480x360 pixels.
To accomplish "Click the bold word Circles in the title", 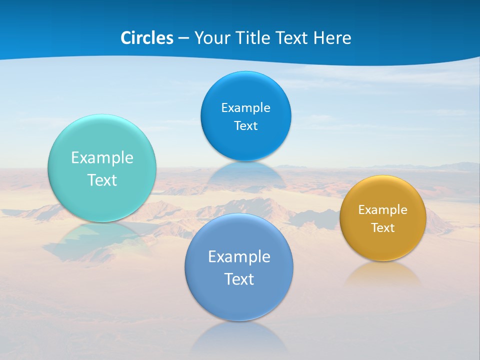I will point(147,38).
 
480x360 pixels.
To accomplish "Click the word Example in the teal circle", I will point(102,158).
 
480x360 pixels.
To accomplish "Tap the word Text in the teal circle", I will point(102,180).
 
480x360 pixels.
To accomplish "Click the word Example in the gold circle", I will point(383,210).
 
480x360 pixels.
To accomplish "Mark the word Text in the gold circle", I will point(383,228).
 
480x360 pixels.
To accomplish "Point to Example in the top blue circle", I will point(245,108).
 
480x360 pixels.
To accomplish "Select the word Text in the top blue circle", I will point(245,126).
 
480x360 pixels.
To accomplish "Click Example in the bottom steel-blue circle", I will point(239,257).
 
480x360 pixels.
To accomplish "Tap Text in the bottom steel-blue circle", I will point(239,279).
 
